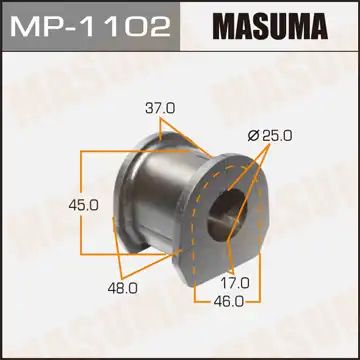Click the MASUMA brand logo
tap(271, 26)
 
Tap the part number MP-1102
tap(90, 25)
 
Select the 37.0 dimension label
tap(160, 109)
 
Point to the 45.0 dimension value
tap(83, 206)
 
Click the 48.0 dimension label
tap(122, 289)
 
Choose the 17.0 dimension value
tap(235, 284)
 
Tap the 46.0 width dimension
tap(229, 302)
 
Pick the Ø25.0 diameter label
tap(270, 136)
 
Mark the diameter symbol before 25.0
tap(254, 136)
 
